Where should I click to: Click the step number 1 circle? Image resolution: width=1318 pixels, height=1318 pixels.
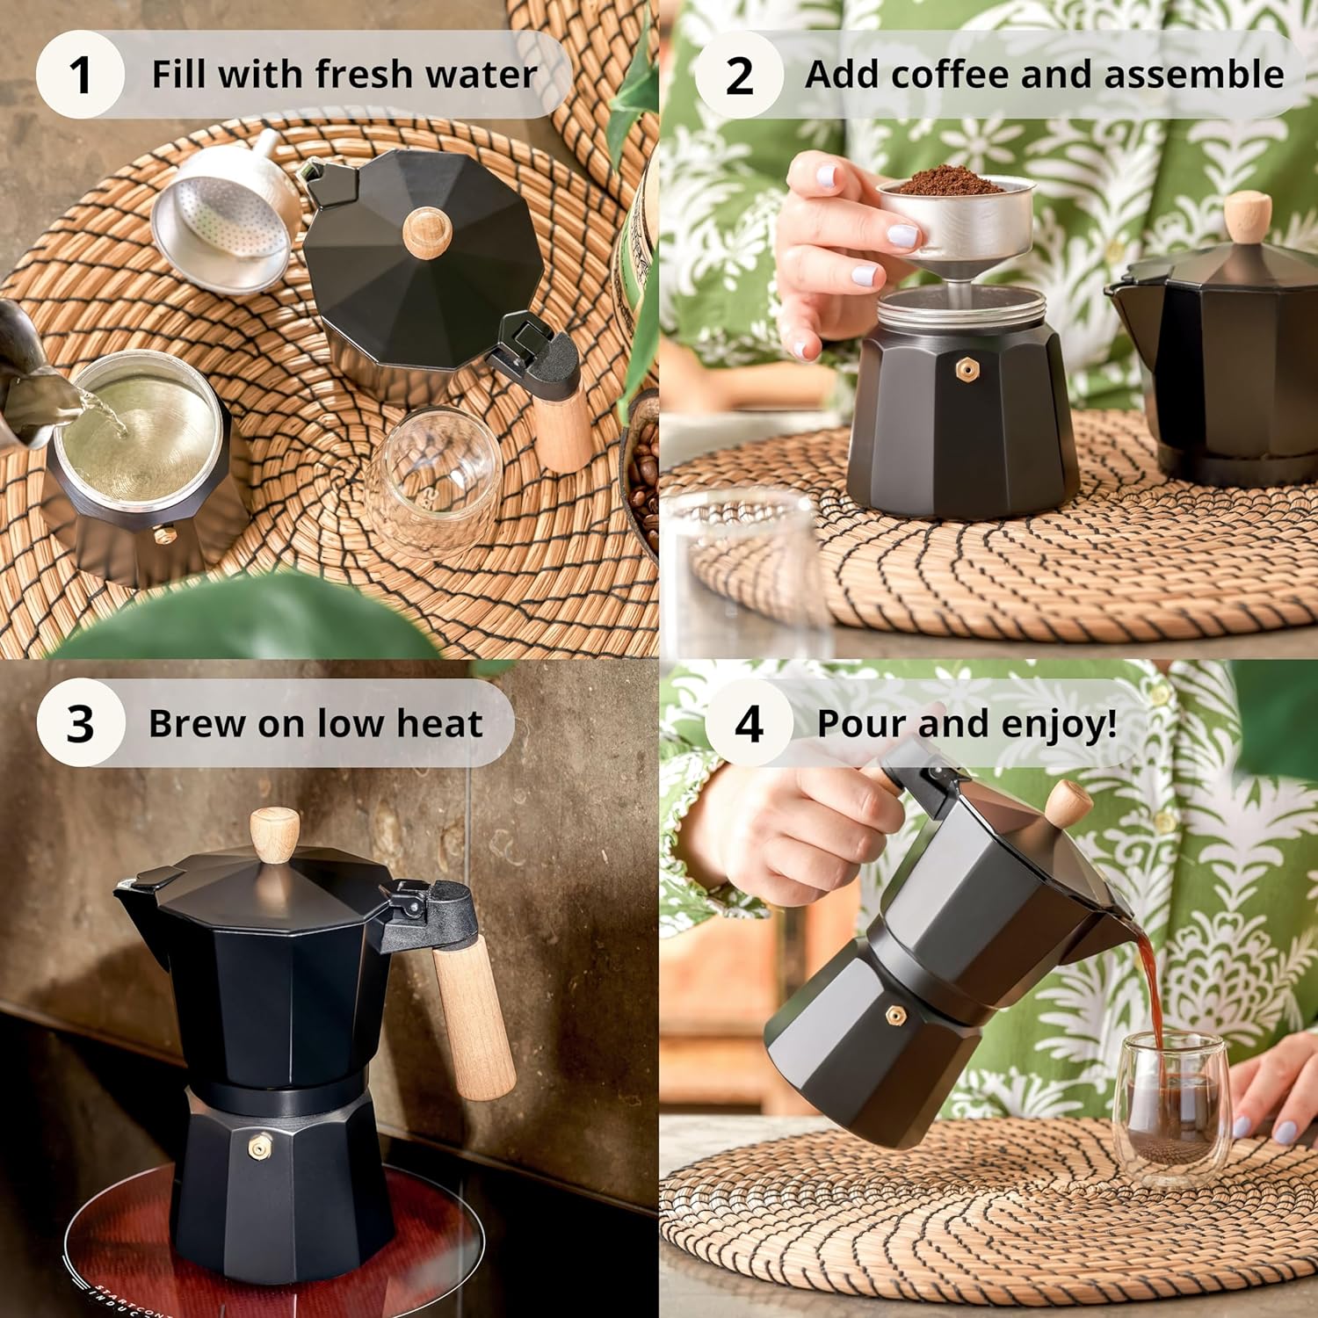click(x=80, y=75)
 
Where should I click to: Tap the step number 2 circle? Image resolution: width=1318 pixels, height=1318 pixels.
click(x=739, y=75)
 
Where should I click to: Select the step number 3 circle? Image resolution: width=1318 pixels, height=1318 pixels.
click(x=80, y=723)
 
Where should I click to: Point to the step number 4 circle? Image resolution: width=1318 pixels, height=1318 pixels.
click(x=749, y=723)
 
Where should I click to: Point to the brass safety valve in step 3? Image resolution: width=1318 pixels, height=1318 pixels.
click(x=257, y=1148)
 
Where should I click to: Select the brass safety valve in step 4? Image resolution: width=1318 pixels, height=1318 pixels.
click(x=897, y=1016)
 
